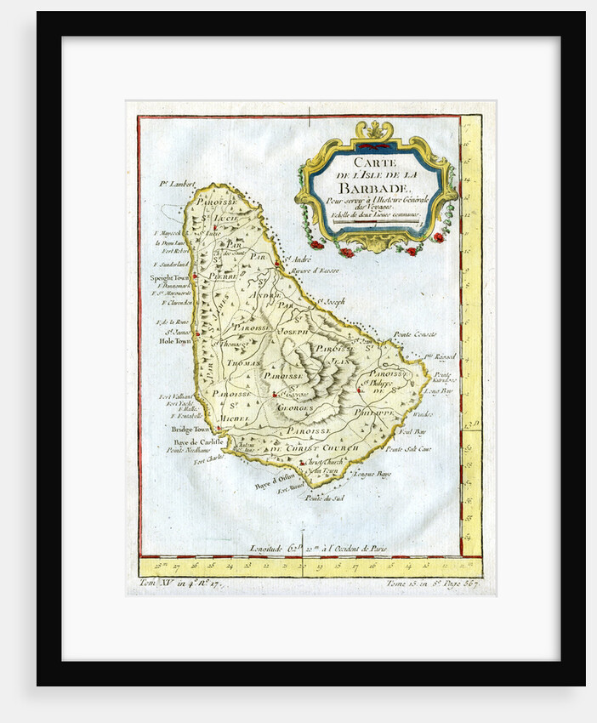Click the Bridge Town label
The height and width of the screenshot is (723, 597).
[190, 430]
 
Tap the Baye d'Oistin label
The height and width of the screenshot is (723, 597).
[273, 486]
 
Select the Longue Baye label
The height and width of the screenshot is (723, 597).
[371, 473]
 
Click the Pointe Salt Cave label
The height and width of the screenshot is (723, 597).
[408, 448]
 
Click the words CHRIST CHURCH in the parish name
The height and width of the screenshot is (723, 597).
[323, 447]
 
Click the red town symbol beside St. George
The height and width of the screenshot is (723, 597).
[274, 395]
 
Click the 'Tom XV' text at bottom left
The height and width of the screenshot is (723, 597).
[155, 584]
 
